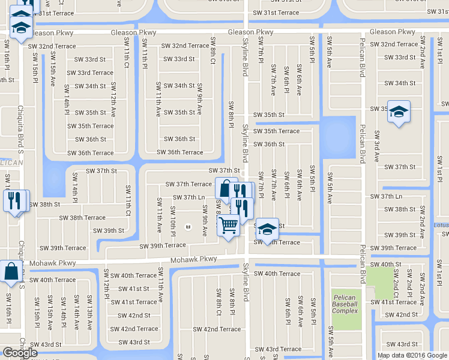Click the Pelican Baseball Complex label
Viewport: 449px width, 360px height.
click(345, 304)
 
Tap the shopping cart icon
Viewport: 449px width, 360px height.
click(228, 226)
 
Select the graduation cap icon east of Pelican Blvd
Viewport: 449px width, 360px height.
click(399, 112)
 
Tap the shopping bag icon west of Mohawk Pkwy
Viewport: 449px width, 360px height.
click(11, 271)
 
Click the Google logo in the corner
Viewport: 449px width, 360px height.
click(20, 353)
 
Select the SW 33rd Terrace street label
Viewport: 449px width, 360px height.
click(90, 73)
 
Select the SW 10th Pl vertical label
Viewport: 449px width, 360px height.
click(172, 220)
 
